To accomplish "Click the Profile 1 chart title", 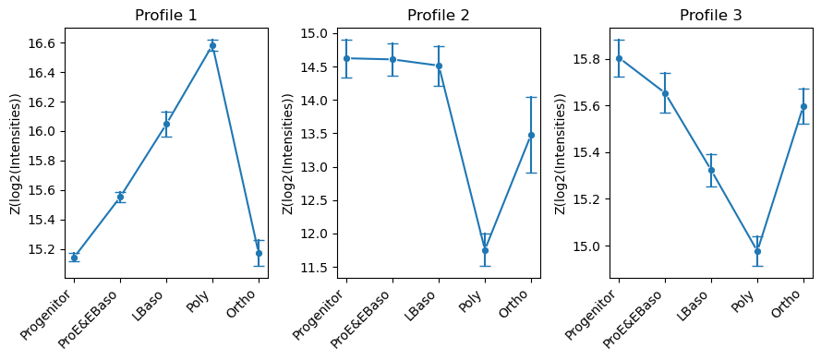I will (x=165, y=15).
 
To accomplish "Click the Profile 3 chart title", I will (x=710, y=15).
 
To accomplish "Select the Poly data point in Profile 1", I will (x=212, y=45).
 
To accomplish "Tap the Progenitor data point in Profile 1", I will (x=74, y=258).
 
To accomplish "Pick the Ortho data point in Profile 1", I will (x=259, y=253).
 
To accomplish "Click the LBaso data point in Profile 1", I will (x=166, y=124).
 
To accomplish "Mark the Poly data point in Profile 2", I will (x=485, y=250).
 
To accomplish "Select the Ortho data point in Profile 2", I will (x=531, y=135).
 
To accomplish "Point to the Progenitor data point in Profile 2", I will (x=346, y=58).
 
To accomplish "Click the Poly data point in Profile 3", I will (x=757, y=251).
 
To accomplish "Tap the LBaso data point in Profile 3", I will (x=711, y=170).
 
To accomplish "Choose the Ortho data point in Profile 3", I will (x=803, y=106).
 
